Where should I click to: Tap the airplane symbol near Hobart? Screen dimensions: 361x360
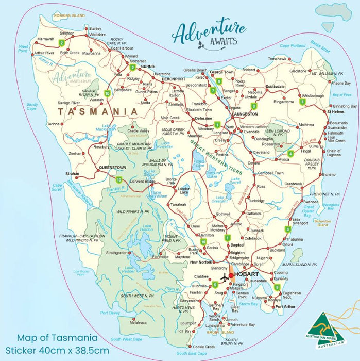pyautogui.click(x=225, y=277)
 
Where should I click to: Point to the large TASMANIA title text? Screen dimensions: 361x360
pyautogui.click(x=97, y=111)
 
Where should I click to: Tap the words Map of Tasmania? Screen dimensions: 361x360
pyautogui.click(x=57, y=338)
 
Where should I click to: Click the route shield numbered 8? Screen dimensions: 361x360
pyautogui.click(x=219, y=81)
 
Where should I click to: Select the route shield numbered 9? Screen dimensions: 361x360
pyautogui.click(x=277, y=287)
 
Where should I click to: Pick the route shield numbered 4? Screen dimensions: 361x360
pyautogui.click(x=290, y=153)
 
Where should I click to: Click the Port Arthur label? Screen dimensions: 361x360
pyautogui.click(x=286, y=307)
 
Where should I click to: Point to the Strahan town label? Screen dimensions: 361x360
pyautogui.click(x=72, y=174)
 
